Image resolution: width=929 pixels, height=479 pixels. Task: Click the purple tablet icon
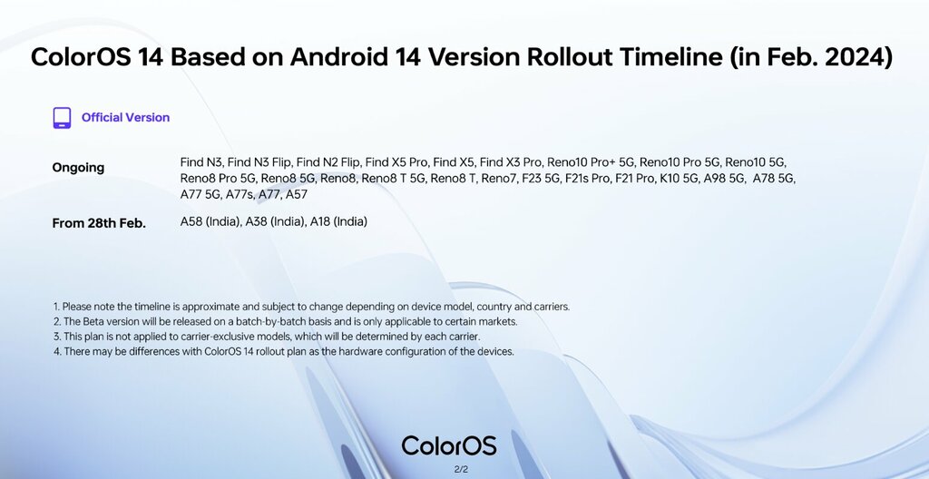62,118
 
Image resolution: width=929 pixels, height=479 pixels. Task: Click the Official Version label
125,117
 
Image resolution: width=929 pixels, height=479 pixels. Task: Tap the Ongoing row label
78,168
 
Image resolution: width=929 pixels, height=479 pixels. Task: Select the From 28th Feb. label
99,223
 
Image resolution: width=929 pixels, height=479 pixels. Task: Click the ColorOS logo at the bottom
449,445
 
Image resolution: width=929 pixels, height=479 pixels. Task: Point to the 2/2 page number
461,470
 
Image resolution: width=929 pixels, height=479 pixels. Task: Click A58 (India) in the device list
210,221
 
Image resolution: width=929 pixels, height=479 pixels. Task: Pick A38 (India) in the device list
276,221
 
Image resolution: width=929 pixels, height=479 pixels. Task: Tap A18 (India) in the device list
339,221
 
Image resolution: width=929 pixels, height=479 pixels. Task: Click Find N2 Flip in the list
328,161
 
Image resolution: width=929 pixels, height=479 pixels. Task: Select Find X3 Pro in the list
511,161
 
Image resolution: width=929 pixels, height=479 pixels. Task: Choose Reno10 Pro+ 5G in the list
591,161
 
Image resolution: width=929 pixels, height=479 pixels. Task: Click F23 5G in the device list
541,178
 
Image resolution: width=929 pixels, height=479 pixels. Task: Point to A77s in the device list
240,194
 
